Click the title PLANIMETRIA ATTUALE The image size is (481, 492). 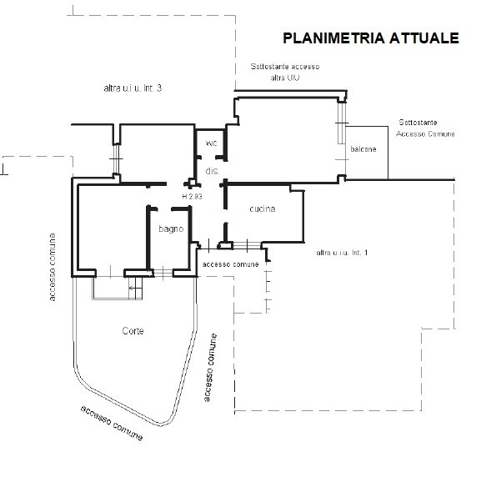click(371, 38)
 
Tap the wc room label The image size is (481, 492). click(211, 143)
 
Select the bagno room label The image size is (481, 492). click(171, 229)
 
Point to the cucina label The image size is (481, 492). click(263, 208)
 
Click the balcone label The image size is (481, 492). click(363, 149)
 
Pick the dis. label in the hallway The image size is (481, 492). click(213, 171)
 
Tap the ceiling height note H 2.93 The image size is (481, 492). click(192, 197)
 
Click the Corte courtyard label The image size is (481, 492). click(133, 331)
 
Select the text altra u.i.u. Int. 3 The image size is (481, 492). click(133, 88)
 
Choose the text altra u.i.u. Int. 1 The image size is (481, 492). click(342, 253)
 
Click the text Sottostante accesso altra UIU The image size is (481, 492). click(285, 72)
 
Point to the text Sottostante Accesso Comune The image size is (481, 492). click(425, 128)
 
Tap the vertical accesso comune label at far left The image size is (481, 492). click(53, 267)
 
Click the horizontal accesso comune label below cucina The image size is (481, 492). click(231, 264)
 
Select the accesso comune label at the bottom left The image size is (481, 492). click(112, 423)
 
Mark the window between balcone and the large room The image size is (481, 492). click(342, 123)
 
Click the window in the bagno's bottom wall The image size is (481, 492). click(163, 273)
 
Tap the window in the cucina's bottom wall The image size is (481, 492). click(247, 245)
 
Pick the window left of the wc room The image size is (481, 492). click(116, 158)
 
